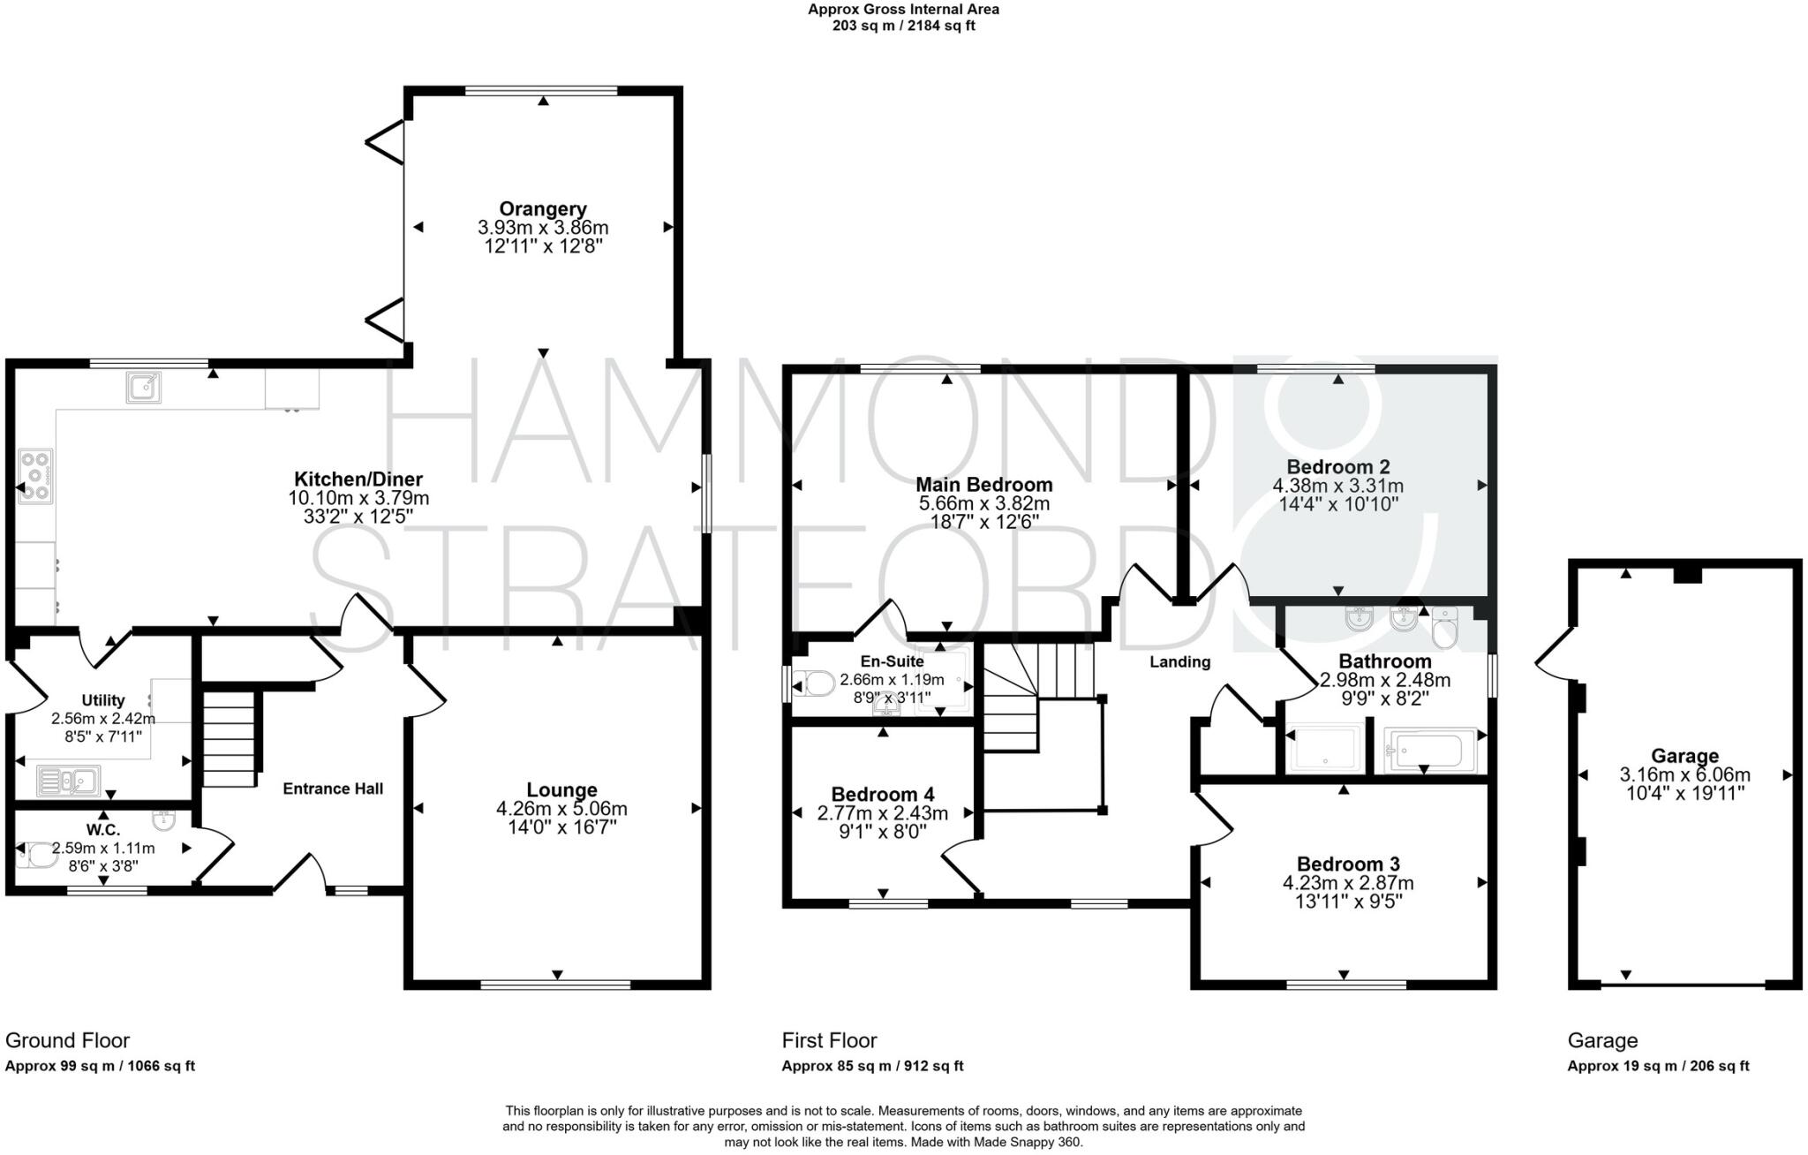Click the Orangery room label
(543, 209)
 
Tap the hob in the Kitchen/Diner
(35, 477)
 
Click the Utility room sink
(69, 781)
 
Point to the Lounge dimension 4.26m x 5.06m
(561, 809)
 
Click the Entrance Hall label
(333, 789)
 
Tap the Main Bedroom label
(983, 485)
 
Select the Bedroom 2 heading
(1337, 467)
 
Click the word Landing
(1179, 662)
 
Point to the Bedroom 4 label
(882, 795)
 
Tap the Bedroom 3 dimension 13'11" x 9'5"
(1347, 902)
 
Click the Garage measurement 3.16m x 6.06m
(1684, 775)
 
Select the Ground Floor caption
(67, 1040)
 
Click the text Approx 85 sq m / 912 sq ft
(872, 1066)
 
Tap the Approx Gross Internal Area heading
(903, 10)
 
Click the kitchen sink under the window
(143, 387)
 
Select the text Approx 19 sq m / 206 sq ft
(1658, 1066)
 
